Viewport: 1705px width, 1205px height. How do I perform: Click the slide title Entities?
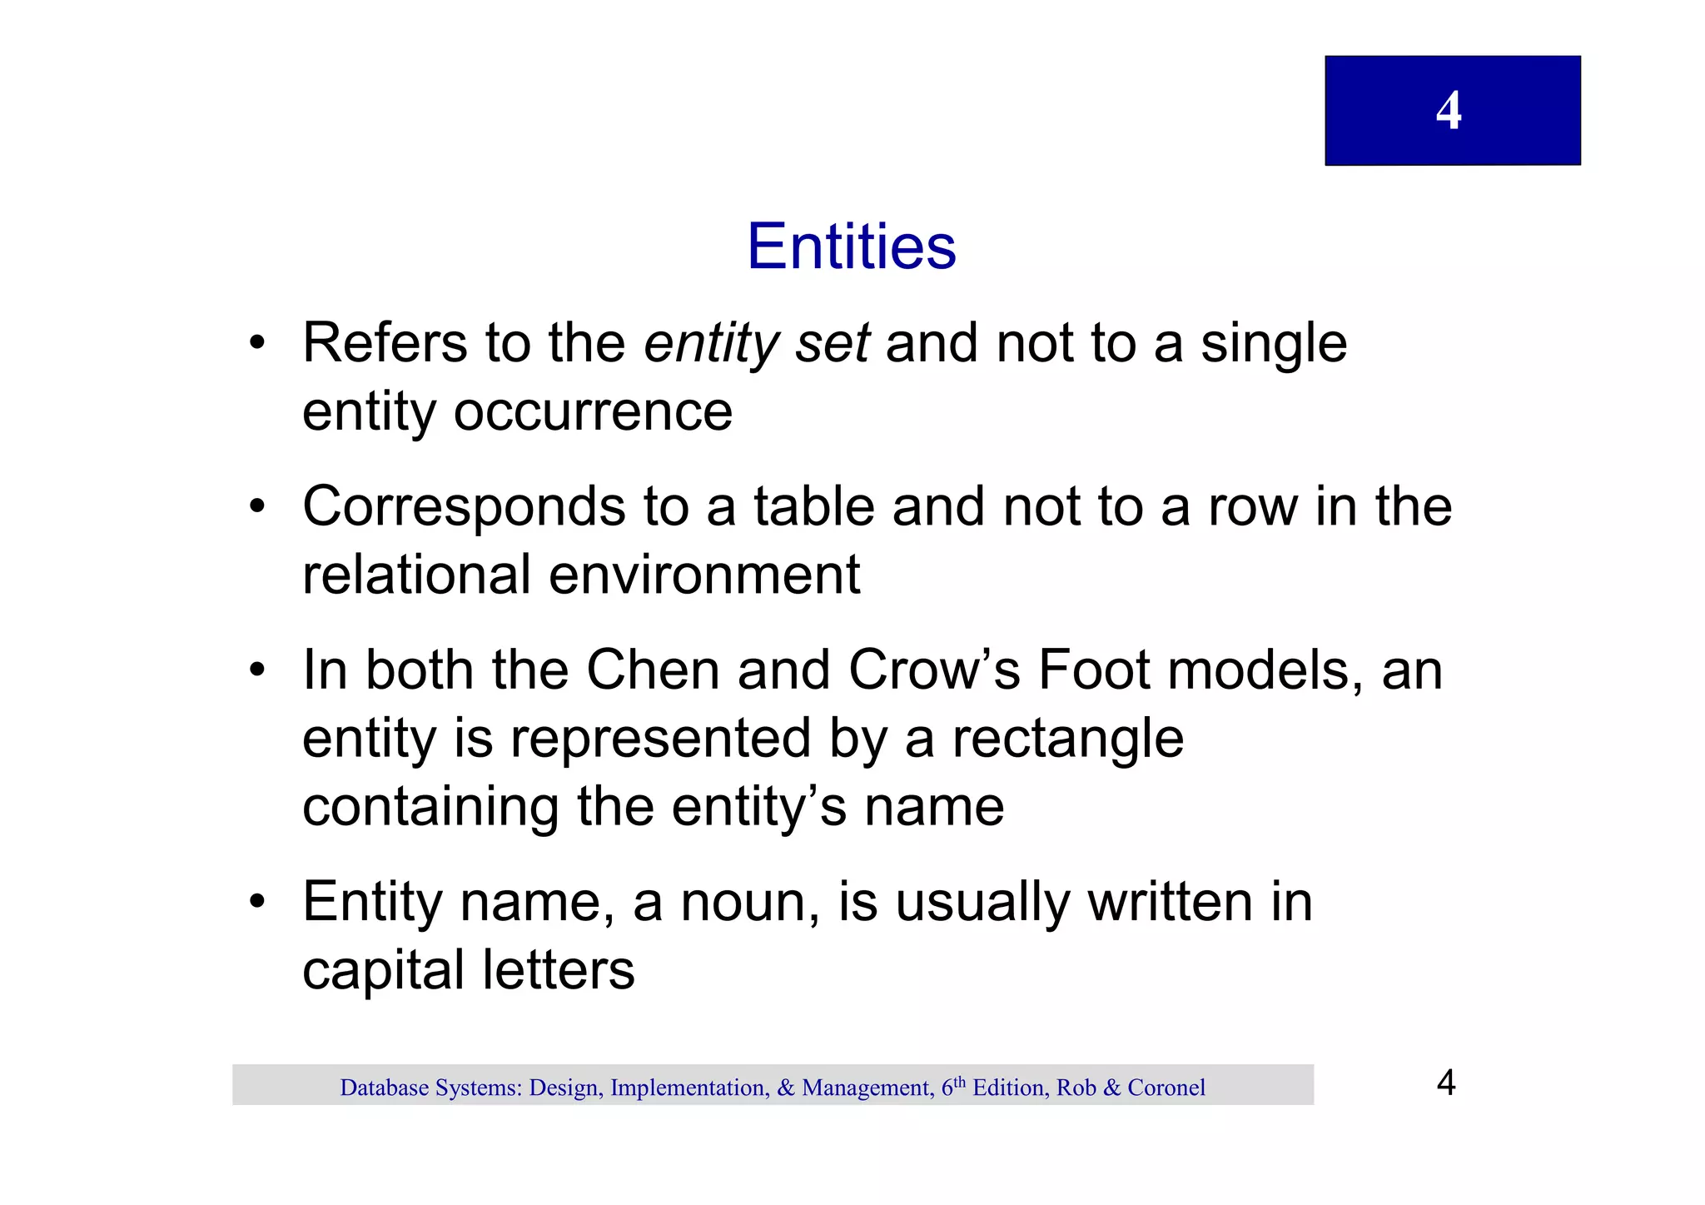coord(852,246)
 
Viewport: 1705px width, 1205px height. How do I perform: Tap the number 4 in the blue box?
coord(1449,111)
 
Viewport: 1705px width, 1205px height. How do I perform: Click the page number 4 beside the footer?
coord(1446,1083)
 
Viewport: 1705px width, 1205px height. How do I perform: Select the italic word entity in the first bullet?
coord(711,344)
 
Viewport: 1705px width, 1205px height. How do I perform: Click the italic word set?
coord(832,344)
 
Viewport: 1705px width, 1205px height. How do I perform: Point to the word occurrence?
coord(592,411)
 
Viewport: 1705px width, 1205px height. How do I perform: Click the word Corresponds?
coord(464,507)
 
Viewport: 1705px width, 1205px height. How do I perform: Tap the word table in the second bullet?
coord(813,507)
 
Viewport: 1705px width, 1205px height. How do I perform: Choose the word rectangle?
coord(1067,739)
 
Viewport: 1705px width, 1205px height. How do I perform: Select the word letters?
coord(559,971)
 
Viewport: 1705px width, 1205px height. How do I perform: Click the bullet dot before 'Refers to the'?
coord(257,344)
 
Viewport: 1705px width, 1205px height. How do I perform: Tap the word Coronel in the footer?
coord(1166,1088)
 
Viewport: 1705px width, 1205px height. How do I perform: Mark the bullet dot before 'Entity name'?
coord(257,903)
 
